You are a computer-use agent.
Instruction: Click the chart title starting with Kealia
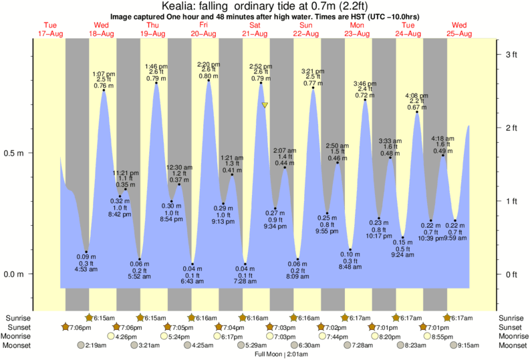pos(265,6)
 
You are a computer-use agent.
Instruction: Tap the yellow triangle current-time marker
pos(265,105)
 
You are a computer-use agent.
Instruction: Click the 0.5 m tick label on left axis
pos(15,153)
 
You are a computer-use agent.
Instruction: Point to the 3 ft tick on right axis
pos(512,53)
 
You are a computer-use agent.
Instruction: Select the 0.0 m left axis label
pos(15,274)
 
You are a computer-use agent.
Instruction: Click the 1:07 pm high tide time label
pos(103,74)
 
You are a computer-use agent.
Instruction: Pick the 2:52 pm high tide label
pos(260,66)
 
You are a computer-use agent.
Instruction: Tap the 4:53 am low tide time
pos(86,269)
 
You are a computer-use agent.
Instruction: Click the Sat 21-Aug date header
pos(254,29)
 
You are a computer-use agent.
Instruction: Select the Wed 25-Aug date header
pos(459,29)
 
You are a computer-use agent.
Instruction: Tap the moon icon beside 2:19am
pos(82,345)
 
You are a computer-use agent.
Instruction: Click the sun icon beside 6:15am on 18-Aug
pos(89,318)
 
